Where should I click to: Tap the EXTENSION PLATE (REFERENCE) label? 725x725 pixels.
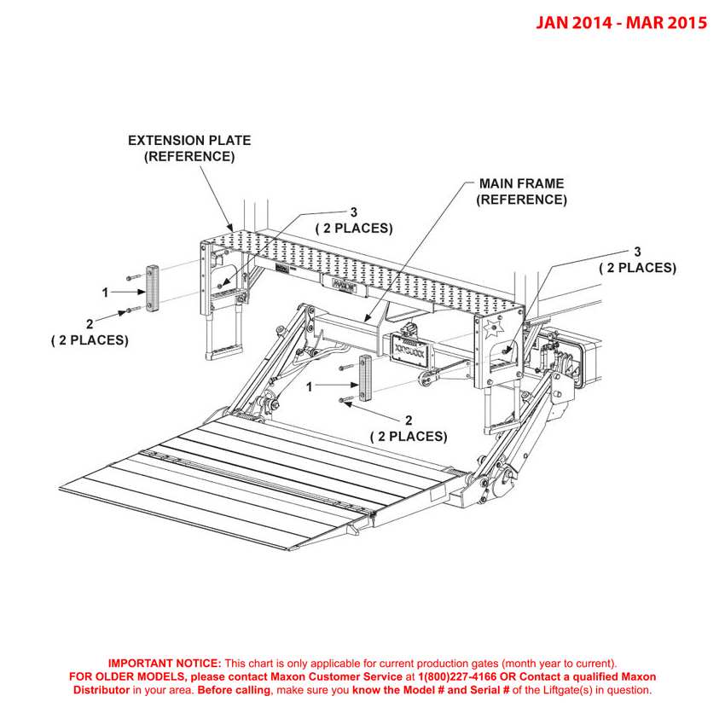[x=188, y=148]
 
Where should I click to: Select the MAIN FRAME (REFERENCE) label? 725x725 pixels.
[x=520, y=192]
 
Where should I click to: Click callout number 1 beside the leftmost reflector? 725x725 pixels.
[x=105, y=293]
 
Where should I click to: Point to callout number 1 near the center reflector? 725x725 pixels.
[x=310, y=386]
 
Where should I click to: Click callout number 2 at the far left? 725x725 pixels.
[x=90, y=323]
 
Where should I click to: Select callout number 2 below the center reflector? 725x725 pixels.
[x=408, y=420]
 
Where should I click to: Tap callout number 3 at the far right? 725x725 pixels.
[x=637, y=251]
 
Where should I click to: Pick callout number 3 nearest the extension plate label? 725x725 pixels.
[x=353, y=212]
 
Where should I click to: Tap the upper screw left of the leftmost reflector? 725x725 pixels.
[x=130, y=277]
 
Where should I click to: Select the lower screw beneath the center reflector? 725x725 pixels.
[x=345, y=400]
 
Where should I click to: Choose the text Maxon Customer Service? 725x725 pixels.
[x=339, y=676]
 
